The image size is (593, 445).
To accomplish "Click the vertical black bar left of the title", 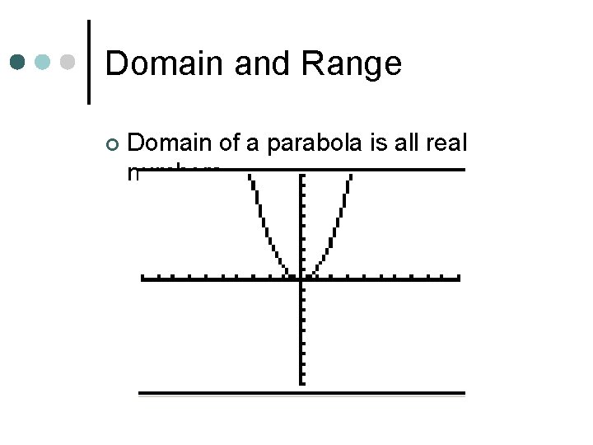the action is [x=89, y=62].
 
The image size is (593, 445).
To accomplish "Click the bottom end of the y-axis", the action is [x=301, y=382].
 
